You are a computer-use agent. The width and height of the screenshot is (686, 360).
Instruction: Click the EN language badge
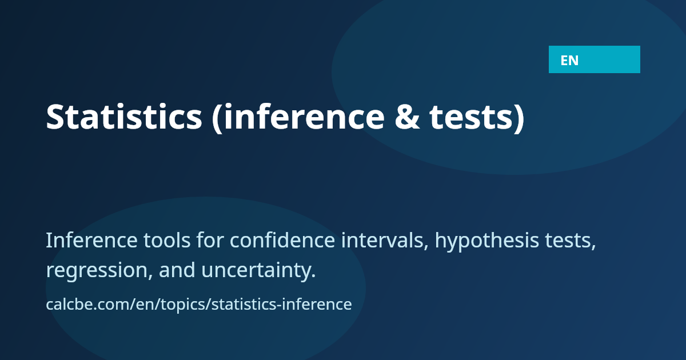click(x=594, y=59)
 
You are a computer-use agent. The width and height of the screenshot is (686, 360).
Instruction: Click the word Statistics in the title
click(x=124, y=117)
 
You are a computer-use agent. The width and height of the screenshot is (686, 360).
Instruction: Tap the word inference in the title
click(x=304, y=117)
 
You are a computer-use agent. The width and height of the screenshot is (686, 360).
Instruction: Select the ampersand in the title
click(x=407, y=117)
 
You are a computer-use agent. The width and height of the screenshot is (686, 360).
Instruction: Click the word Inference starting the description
click(x=91, y=240)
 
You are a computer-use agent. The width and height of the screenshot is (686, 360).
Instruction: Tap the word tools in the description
click(x=167, y=240)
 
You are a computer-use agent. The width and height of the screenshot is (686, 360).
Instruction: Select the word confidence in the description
click(x=282, y=240)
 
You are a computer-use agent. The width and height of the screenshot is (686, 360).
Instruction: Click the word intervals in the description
click(x=385, y=241)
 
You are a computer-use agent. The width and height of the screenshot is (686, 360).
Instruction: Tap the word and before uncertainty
click(x=177, y=269)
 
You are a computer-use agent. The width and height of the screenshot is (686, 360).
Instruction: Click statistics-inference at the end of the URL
click(x=281, y=304)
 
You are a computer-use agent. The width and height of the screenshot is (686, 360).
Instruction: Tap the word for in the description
click(x=210, y=240)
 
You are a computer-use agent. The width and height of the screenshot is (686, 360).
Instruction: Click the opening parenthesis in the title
click(x=217, y=118)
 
